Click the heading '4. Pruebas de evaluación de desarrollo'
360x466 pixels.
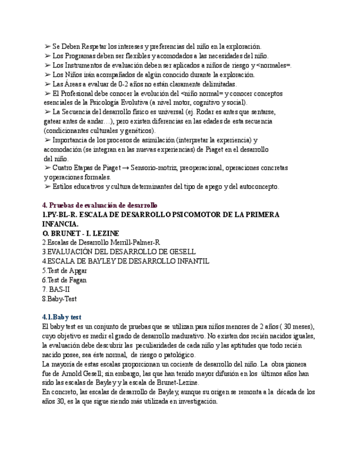(99, 205)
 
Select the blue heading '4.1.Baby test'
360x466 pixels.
(62, 317)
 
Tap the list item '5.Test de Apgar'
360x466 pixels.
(65, 270)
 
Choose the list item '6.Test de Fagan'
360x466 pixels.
(64, 280)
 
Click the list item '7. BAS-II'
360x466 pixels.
(57, 289)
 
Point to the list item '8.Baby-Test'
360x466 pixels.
(59, 298)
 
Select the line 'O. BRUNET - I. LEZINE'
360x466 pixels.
(80, 233)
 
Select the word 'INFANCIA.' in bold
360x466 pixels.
(60, 224)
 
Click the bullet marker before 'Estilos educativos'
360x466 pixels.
(47, 187)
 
